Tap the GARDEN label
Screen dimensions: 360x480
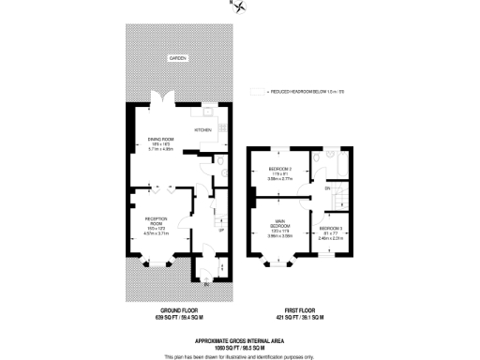pyautogui.click(x=178, y=58)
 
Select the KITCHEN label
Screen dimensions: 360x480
pyautogui.click(x=202, y=129)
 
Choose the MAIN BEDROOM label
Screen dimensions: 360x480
pyautogui.click(x=281, y=226)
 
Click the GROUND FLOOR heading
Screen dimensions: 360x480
pyautogui.click(x=178, y=309)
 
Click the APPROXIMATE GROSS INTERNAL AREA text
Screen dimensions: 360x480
pyautogui.click(x=240, y=339)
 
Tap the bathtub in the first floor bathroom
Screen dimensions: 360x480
pyautogui.click(x=348, y=167)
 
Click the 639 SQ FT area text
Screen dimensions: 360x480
pyautogui.click(x=178, y=318)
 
